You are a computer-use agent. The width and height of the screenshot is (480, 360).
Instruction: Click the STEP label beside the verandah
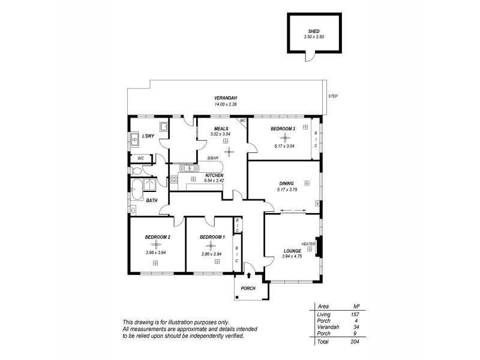pos(333,96)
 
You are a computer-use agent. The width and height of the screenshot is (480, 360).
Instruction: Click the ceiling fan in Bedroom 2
pos(158,244)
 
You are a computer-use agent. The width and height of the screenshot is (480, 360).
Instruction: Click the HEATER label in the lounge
pos(308,244)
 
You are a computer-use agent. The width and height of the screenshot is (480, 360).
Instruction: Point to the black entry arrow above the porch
pos(250,275)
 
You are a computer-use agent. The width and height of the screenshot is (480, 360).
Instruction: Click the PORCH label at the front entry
pos(248,289)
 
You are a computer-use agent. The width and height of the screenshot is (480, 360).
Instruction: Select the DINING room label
pos(286,184)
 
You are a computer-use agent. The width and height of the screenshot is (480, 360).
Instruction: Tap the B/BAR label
pos(213,158)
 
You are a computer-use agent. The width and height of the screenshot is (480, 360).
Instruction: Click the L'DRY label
pos(148,136)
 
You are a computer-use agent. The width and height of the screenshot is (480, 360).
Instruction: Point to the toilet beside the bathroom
pos(136,170)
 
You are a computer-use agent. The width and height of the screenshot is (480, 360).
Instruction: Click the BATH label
pos(151,200)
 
